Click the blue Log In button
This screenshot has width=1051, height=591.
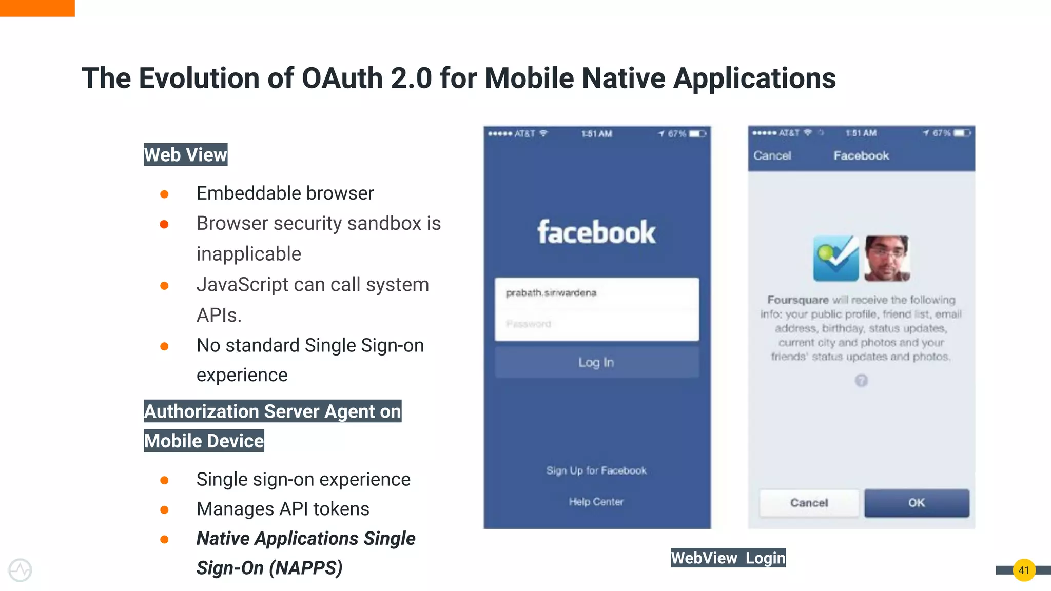coord(596,362)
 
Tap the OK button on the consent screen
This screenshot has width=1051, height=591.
coord(917,503)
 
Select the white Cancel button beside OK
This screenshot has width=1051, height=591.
coord(809,503)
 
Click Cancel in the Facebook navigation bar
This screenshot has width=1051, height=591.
coord(772,155)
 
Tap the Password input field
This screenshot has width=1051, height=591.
coord(596,324)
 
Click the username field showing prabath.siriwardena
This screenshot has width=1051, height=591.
coord(596,293)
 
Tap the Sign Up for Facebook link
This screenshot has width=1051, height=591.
coord(596,470)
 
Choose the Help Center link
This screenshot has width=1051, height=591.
coord(596,502)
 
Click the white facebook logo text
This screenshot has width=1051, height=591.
coord(596,232)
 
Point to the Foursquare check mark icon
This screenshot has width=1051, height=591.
coord(835,258)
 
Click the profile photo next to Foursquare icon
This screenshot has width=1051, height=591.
coord(887,258)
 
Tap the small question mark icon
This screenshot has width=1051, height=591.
coord(861,380)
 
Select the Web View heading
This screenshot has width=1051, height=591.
coord(185,154)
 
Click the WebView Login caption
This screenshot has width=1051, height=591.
coord(728,558)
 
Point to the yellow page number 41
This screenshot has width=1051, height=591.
coord(1024,570)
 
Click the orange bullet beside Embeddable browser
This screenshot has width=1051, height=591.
coord(164,194)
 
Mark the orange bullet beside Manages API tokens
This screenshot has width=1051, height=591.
coord(164,510)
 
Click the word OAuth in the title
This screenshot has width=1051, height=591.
coord(342,78)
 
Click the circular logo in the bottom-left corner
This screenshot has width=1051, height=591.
coord(20,570)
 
